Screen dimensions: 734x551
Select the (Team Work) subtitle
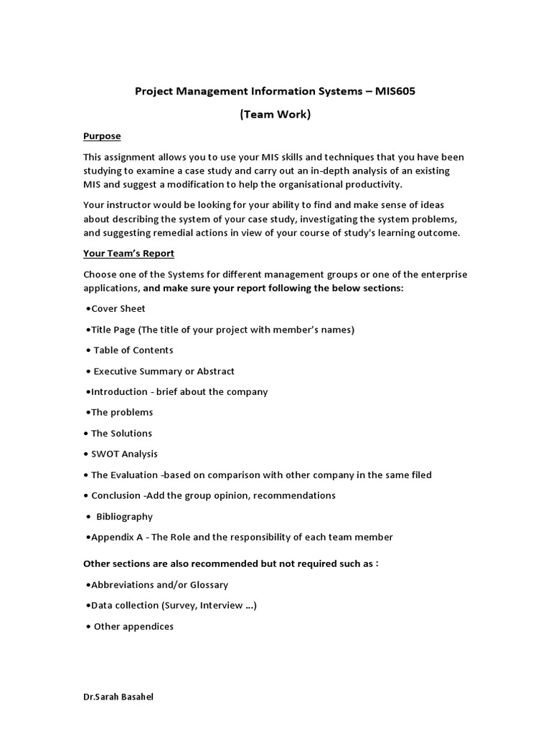coord(275,114)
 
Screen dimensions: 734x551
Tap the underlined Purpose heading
coord(102,136)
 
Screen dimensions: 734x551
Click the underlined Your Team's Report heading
coord(128,253)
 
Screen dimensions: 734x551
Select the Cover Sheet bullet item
coord(118,308)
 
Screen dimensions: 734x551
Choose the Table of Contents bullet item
coord(133,350)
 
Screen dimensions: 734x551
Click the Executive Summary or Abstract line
coord(164,371)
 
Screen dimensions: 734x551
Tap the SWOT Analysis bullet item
coord(124,454)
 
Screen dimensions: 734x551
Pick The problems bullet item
coord(121,412)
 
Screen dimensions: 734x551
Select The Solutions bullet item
coord(121,433)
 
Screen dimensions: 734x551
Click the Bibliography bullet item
coord(124,516)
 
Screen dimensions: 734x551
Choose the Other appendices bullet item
coord(133,626)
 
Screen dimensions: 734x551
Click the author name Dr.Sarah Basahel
coord(118,697)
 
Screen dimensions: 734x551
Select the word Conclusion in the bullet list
coord(116,495)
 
